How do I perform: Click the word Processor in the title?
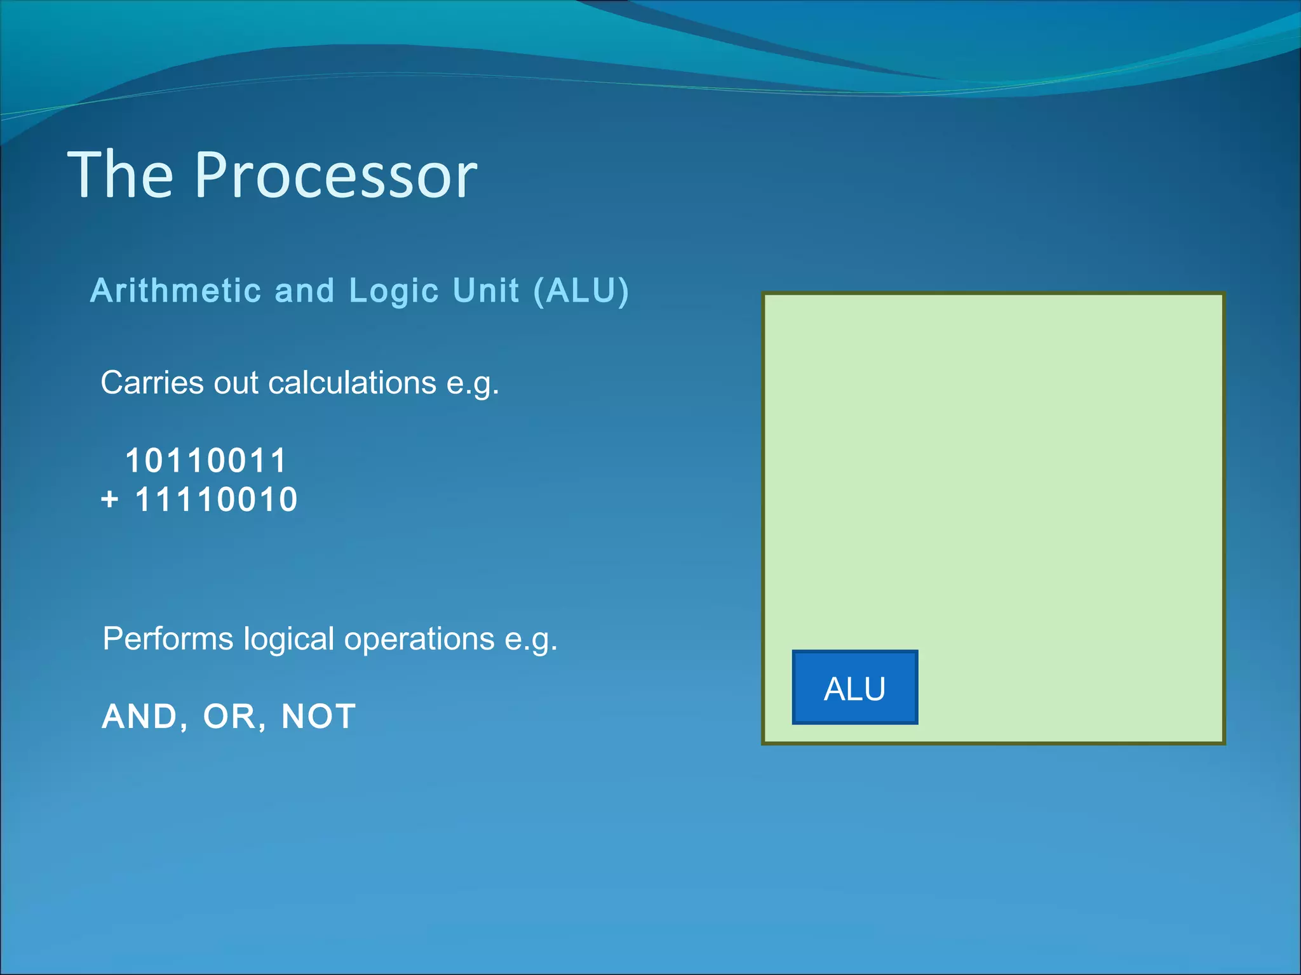(335, 175)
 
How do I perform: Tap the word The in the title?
(120, 175)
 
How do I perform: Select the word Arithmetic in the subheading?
(176, 291)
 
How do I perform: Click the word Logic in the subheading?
(394, 291)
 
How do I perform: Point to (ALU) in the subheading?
(581, 291)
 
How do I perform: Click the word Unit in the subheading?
(486, 291)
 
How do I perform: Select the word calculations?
(353, 383)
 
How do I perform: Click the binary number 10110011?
(206, 460)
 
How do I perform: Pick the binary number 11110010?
(216, 499)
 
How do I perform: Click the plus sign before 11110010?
(109, 500)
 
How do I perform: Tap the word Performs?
(168, 639)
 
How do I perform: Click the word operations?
(419, 639)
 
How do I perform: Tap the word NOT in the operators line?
(318, 717)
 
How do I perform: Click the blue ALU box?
(854, 687)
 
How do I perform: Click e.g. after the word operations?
(530, 640)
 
